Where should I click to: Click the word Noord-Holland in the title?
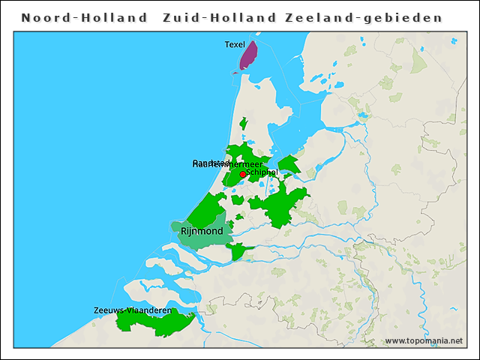tap(84, 17)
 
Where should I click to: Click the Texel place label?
tap(235, 45)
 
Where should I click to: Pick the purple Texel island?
tap(247, 56)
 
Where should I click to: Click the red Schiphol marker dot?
tap(242, 174)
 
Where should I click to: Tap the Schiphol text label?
tap(262, 172)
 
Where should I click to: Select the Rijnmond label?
tap(202, 232)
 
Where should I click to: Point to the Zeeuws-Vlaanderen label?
tap(132, 310)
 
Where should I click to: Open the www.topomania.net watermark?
tap(424, 341)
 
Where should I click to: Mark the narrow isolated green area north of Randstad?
tap(243, 123)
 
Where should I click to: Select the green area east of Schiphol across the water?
tap(289, 164)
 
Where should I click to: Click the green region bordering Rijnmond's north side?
tap(206, 209)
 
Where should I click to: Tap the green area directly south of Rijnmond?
tap(238, 250)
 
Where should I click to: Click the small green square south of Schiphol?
tap(238, 199)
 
